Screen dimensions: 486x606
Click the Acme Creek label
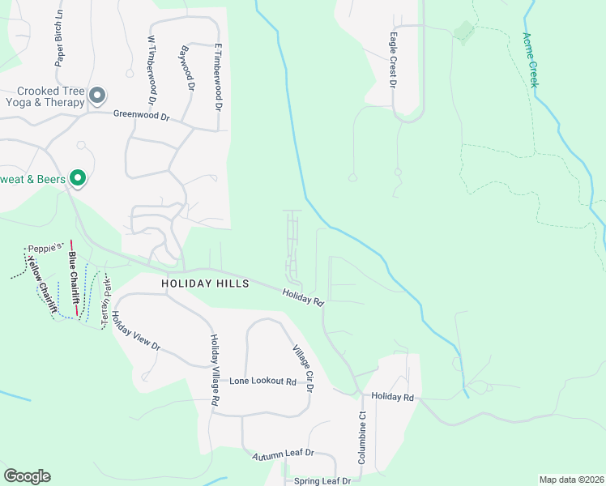pyautogui.click(x=532, y=59)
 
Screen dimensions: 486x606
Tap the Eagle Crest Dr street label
pyautogui.click(x=393, y=60)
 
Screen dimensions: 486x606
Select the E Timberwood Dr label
pyautogui.click(x=218, y=77)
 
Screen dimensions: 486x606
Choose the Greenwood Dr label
pyautogui.click(x=141, y=117)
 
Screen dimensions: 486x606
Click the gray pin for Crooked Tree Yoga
pyautogui.click(x=97, y=96)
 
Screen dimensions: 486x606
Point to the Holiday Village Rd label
pyautogui.click(x=215, y=370)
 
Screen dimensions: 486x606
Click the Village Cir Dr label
pyautogui.click(x=302, y=368)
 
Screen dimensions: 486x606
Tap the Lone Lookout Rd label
pyautogui.click(x=262, y=381)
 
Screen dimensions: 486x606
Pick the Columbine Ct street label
pyautogui.click(x=363, y=437)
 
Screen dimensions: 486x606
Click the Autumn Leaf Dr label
pyautogui.click(x=282, y=455)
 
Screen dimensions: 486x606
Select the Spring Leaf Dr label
pyautogui.click(x=322, y=480)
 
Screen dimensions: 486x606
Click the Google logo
pyautogui.click(x=27, y=476)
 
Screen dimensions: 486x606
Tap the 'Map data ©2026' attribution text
pyautogui.click(x=570, y=480)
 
